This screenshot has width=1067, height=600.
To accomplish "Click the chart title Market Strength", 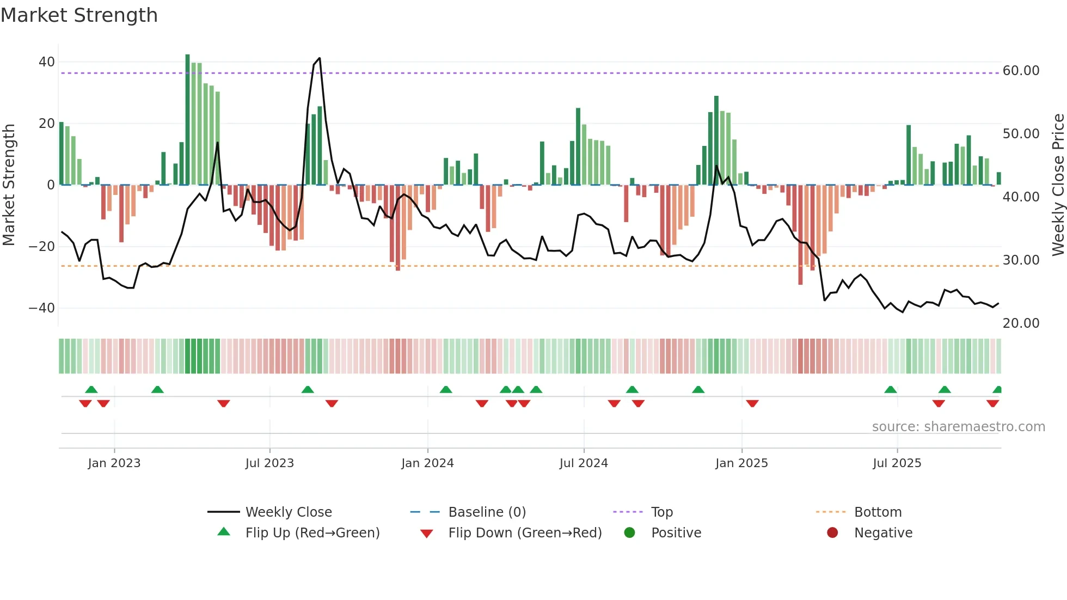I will pos(79,15).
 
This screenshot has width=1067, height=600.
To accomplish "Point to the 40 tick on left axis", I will pos(47,62).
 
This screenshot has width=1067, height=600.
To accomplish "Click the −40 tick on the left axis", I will pos(42,308).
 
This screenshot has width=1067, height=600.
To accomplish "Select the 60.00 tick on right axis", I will pos(1021,71).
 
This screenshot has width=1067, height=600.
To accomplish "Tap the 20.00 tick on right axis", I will pos(1021,323).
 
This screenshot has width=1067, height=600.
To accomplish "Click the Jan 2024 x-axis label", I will pos(427,463).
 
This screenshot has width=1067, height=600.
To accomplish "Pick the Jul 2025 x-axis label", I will pos(897,463).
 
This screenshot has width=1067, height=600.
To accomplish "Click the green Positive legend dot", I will pos(629,533).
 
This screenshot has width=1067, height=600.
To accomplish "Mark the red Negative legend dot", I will pos(832,533).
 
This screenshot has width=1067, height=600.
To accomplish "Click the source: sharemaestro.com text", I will pos(958,427).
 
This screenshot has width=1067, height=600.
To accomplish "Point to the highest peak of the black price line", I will pos(319,58).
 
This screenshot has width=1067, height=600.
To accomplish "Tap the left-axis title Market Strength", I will pos(9,185).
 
